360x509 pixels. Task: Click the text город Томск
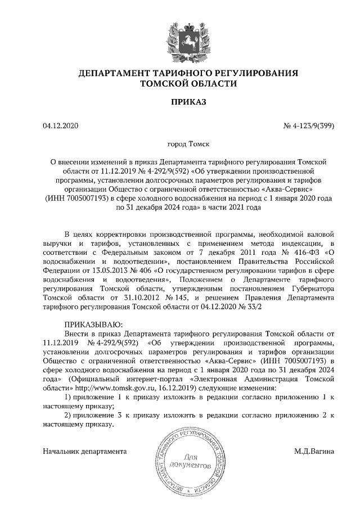[x=181, y=145]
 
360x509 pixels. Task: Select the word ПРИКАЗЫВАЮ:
[x=90, y=325]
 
